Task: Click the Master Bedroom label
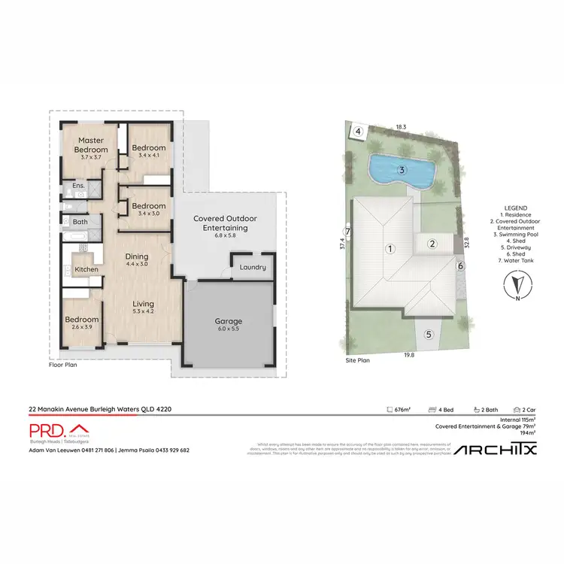(91, 144)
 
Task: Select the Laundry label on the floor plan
(250, 268)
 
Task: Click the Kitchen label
(86, 269)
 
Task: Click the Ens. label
(78, 186)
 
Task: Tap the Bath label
(80, 223)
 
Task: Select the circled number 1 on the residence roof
(390, 248)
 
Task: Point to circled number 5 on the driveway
(429, 335)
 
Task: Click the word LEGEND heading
(517, 208)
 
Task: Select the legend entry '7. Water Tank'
(517, 262)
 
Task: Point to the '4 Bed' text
(443, 410)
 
